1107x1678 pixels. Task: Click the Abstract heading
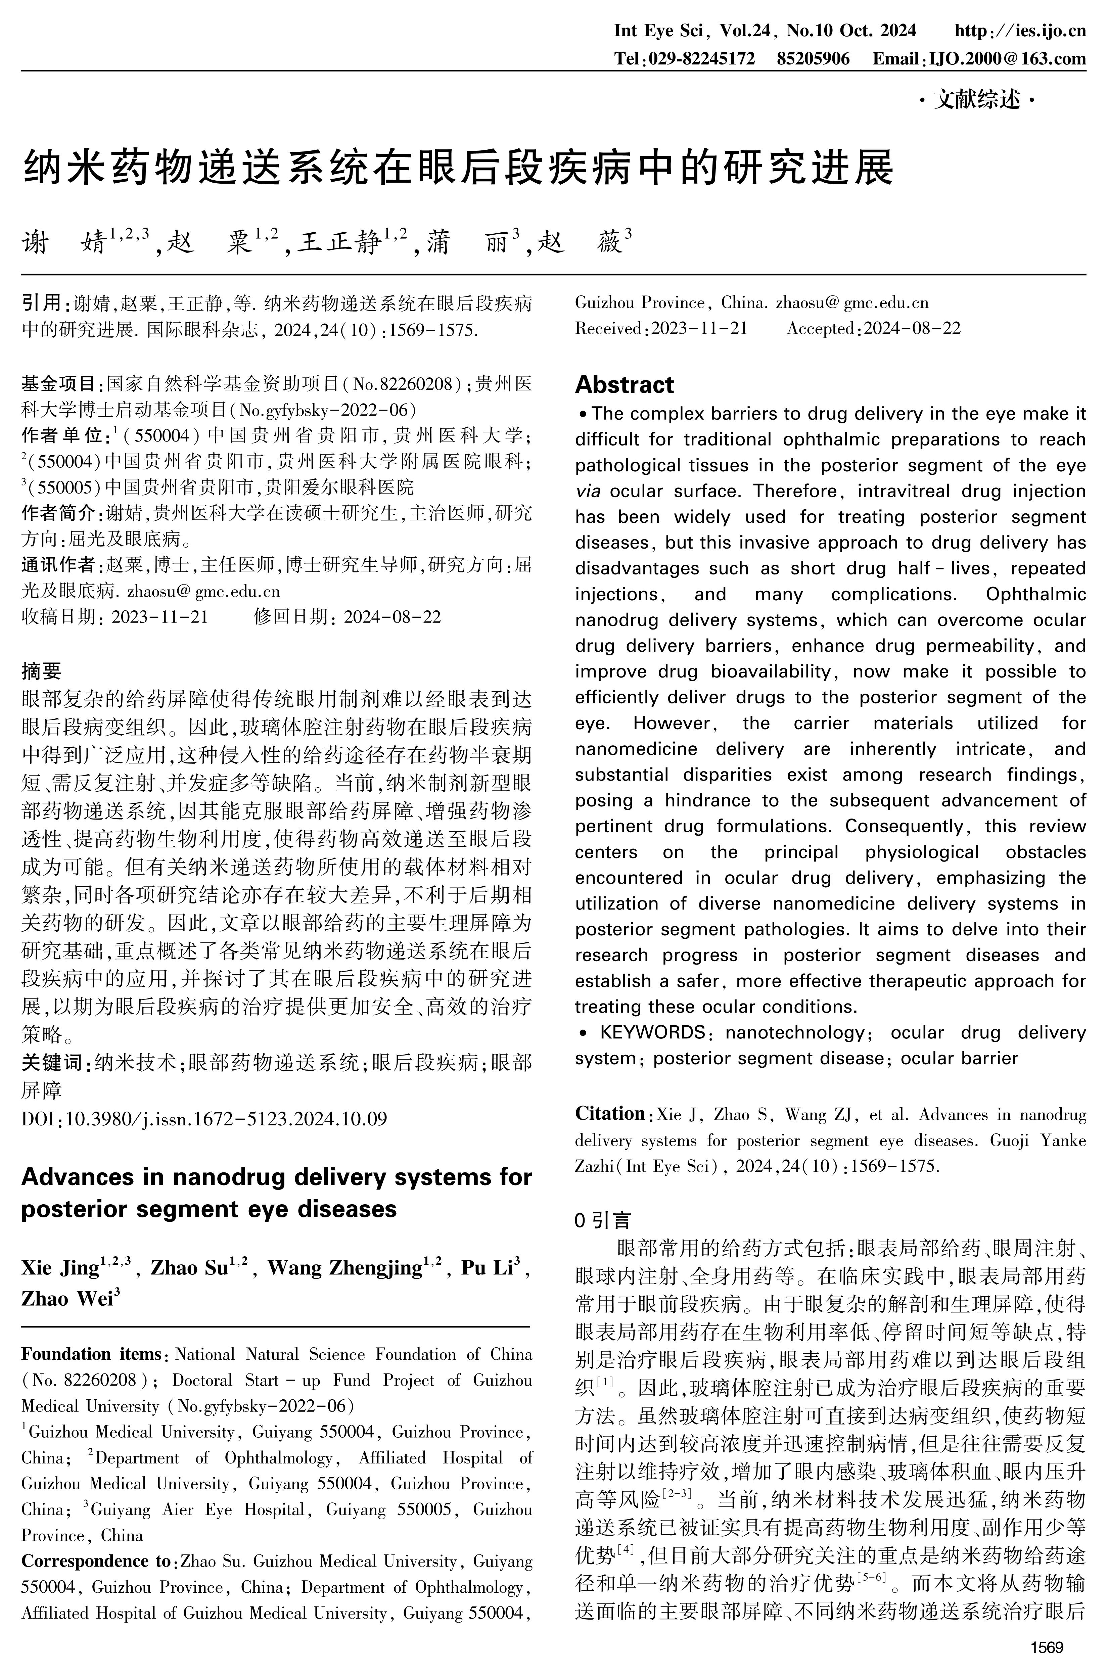624,385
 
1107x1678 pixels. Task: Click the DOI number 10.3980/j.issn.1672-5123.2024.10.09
226,1119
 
